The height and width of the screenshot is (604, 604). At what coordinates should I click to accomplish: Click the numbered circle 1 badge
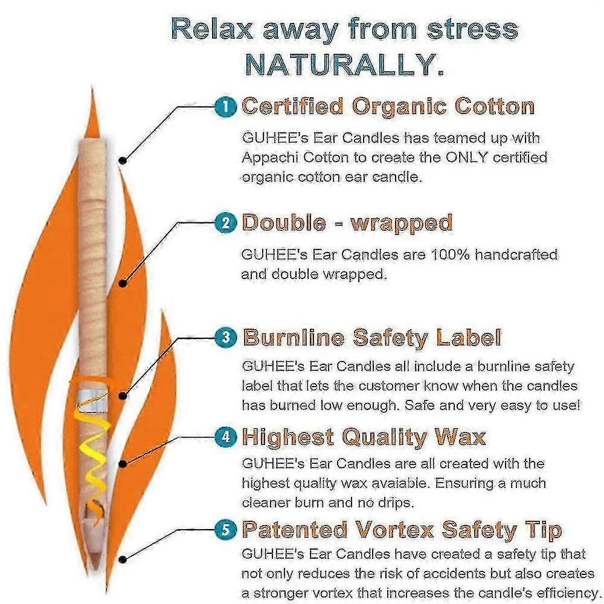click(x=226, y=106)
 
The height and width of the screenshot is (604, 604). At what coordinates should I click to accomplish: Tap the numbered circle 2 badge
click(x=226, y=223)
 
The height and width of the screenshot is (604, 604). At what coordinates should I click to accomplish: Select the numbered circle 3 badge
click(x=226, y=338)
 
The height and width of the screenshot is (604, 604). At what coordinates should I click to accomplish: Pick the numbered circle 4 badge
click(x=226, y=437)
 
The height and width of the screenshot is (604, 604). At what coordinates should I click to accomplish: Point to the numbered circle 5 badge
click(x=226, y=530)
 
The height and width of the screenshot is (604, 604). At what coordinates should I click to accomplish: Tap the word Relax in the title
click(x=212, y=29)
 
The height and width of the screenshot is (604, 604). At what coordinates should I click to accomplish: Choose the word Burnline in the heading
click(x=294, y=338)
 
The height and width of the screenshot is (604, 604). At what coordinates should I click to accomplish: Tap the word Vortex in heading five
click(x=394, y=530)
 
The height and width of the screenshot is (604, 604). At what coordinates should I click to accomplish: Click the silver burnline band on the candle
click(x=93, y=400)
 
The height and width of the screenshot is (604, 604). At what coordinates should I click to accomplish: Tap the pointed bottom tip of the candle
click(x=94, y=568)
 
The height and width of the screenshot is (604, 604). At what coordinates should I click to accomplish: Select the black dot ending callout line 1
click(x=123, y=160)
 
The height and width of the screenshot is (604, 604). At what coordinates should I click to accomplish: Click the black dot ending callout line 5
click(x=123, y=559)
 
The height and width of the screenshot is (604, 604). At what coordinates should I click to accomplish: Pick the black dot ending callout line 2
click(x=123, y=283)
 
